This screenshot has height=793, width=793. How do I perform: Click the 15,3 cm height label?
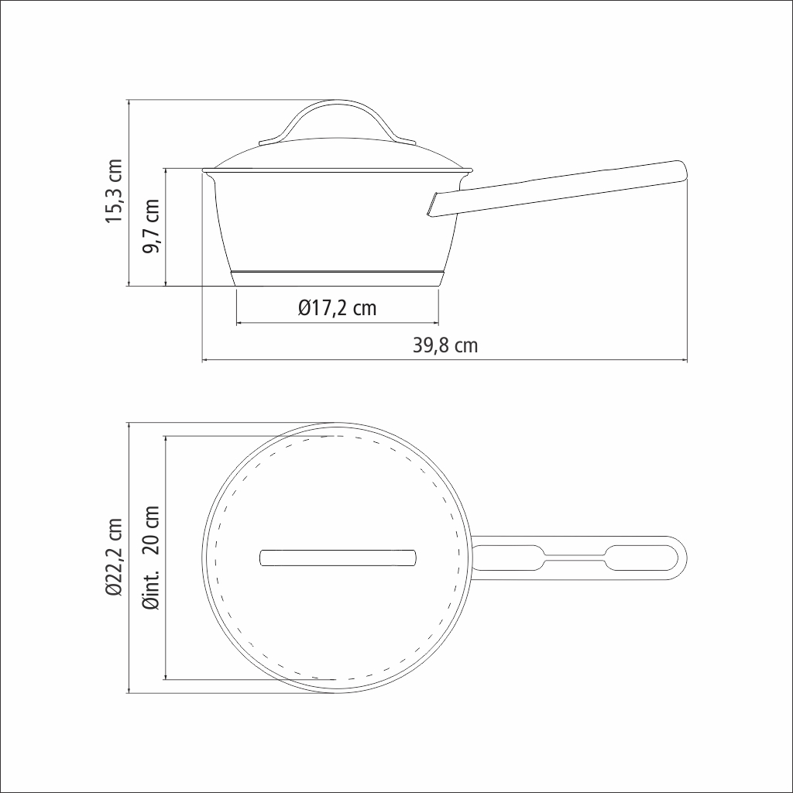(x=114, y=191)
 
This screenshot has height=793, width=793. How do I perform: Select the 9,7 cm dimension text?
(x=151, y=226)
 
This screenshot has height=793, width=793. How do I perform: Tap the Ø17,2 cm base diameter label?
(x=338, y=308)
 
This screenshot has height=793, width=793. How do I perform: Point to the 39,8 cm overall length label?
(x=445, y=345)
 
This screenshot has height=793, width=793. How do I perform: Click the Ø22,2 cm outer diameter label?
(x=115, y=558)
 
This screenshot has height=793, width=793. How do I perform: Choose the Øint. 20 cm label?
(x=151, y=558)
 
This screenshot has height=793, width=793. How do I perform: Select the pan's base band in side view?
(x=338, y=279)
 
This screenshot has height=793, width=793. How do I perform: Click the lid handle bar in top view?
(x=338, y=558)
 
